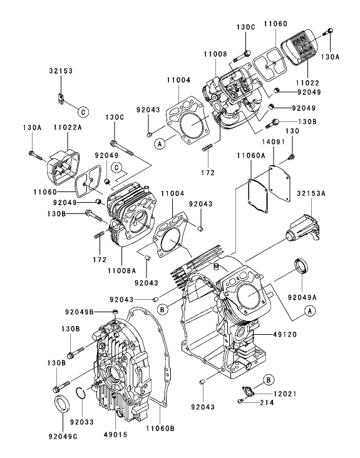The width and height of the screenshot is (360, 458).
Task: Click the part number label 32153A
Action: tap(311, 194)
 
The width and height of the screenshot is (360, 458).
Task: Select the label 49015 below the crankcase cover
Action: tap(116, 429)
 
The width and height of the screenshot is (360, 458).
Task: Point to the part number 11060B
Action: tap(160, 429)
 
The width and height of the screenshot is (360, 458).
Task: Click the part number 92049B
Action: tap(80, 311)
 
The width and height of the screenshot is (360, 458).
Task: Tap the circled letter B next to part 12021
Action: tap(267, 380)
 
